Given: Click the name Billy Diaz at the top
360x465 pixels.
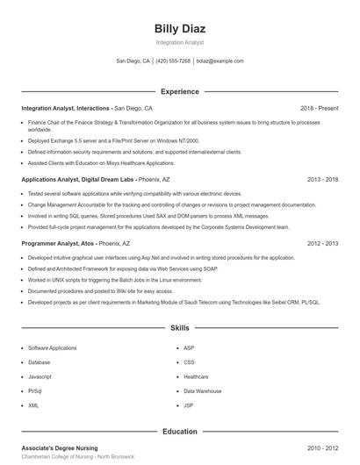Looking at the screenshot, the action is coord(179,28).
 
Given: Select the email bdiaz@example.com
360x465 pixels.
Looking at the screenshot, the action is coord(220,61).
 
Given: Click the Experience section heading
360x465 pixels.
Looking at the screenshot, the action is coord(179,91).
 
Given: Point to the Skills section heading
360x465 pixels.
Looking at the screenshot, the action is coord(179,327).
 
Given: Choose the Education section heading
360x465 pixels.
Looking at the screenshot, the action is coord(179,432).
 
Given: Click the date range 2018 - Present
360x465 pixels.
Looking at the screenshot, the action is coord(319,108).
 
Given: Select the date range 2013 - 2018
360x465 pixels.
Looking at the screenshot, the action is coord(322,179).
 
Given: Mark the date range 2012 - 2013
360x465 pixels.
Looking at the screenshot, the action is coord(322,243).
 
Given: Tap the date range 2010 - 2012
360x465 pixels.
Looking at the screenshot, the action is coord(322,447).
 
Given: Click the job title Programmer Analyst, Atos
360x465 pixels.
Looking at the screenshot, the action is coord(58,243).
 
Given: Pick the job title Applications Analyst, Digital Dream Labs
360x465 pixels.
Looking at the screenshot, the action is coord(77,179).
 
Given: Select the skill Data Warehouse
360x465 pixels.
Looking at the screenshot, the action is coord(202,390).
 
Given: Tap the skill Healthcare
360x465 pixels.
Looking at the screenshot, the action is coord(196,376).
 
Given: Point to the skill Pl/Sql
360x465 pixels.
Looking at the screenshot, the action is coord(35,390).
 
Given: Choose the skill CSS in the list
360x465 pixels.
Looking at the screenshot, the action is coord(189,361).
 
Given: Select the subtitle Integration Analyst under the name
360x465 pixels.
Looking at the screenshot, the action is coord(179,42).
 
